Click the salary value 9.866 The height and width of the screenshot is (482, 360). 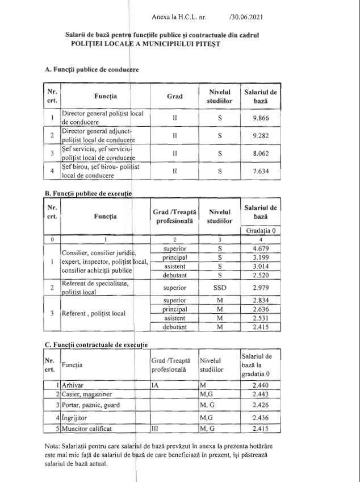tap(260, 118)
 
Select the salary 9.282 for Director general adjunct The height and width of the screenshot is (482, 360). tap(260, 136)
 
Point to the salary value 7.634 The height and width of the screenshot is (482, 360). tap(260, 171)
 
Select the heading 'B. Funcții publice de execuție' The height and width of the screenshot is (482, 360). tap(89, 193)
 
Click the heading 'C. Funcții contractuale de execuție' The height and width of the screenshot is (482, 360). tap(96, 344)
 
